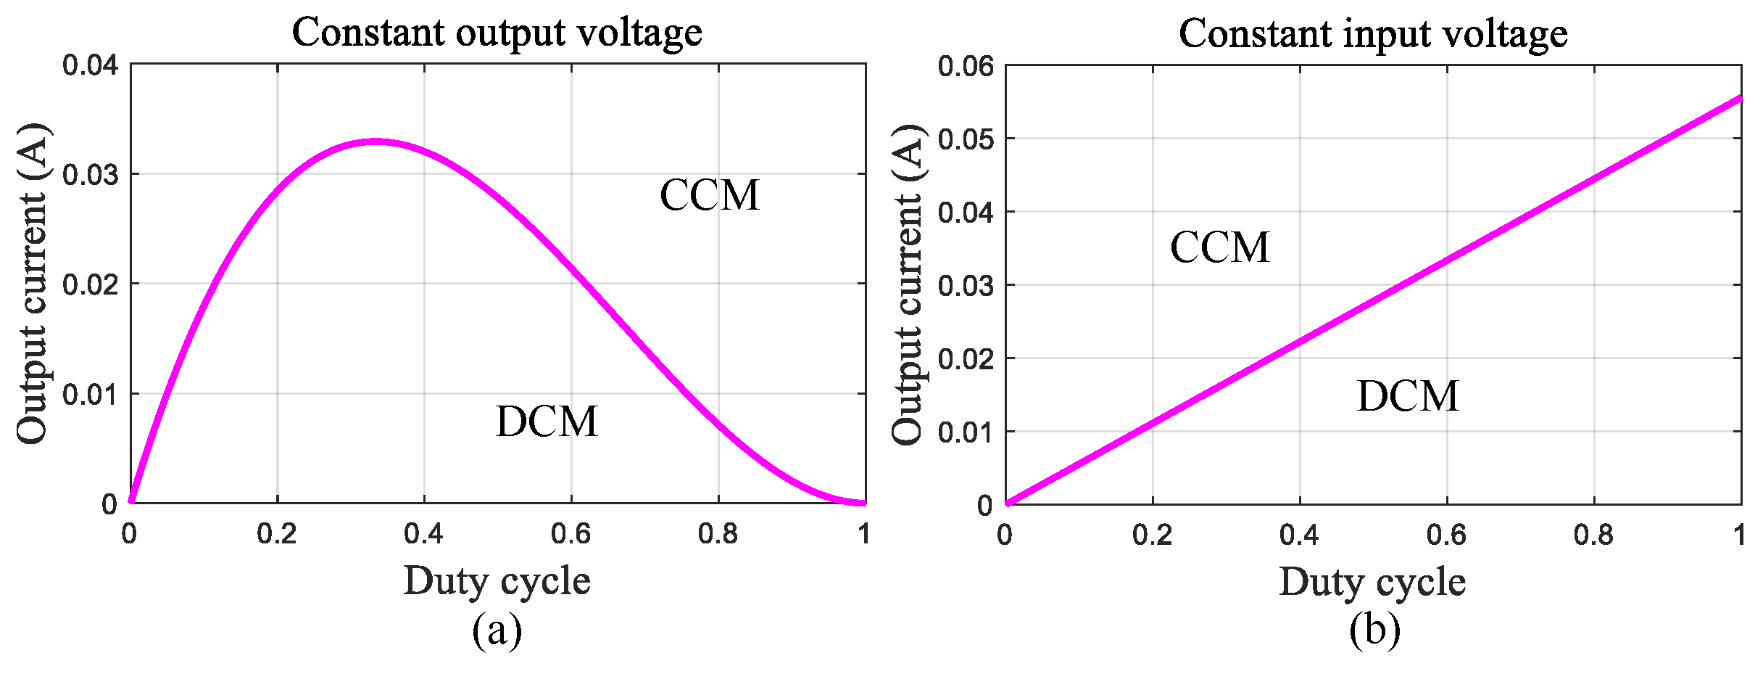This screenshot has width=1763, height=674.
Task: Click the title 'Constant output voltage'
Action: (x=497, y=33)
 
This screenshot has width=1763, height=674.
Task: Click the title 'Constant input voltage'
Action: (x=1372, y=33)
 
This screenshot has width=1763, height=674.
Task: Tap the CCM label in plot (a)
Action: (x=709, y=195)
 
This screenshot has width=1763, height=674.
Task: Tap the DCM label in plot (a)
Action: (x=547, y=422)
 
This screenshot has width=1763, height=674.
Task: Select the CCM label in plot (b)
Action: (x=1219, y=247)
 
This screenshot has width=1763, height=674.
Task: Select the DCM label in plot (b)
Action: (x=1407, y=396)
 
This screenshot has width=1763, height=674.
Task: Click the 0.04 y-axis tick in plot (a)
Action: (x=90, y=65)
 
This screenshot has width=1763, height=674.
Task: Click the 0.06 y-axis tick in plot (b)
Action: (x=966, y=66)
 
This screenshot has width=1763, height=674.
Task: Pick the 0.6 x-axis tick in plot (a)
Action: (x=571, y=534)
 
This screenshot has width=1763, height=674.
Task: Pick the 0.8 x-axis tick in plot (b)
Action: (x=1593, y=535)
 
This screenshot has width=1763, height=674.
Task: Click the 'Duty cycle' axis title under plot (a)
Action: (x=497, y=580)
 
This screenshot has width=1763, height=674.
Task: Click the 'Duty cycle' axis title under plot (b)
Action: (x=1372, y=581)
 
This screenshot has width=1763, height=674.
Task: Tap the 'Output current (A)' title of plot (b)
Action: (x=908, y=284)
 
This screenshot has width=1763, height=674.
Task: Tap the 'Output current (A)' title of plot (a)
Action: (x=32, y=284)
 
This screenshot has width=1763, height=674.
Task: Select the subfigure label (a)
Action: (x=497, y=630)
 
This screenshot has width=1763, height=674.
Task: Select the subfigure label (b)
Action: (x=1374, y=630)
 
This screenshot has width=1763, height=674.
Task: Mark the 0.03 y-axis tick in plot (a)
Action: (x=90, y=174)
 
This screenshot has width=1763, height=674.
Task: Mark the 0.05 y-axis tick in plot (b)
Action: (x=966, y=139)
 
